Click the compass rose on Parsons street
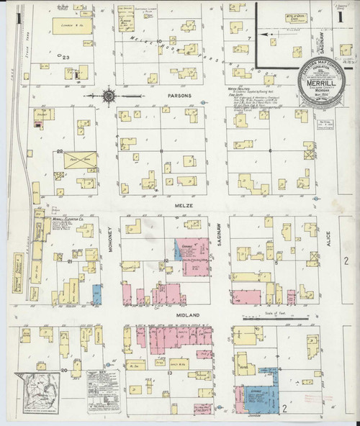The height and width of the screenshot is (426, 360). (109, 94)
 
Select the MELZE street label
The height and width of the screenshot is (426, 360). (179, 207)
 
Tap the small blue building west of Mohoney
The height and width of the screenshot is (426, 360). (96, 294)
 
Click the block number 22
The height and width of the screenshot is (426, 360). (58, 151)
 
